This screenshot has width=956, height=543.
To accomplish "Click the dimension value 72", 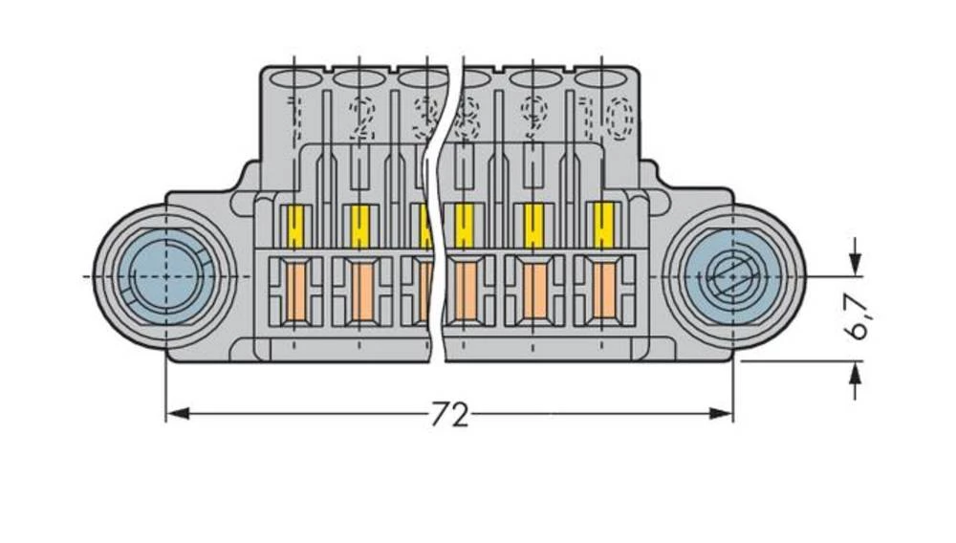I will (x=449, y=414).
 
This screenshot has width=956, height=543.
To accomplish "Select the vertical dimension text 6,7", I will (x=858, y=316).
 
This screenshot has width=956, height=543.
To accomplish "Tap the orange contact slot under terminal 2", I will (x=359, y=293).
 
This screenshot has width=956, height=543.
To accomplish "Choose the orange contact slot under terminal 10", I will (x=602, y=293).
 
